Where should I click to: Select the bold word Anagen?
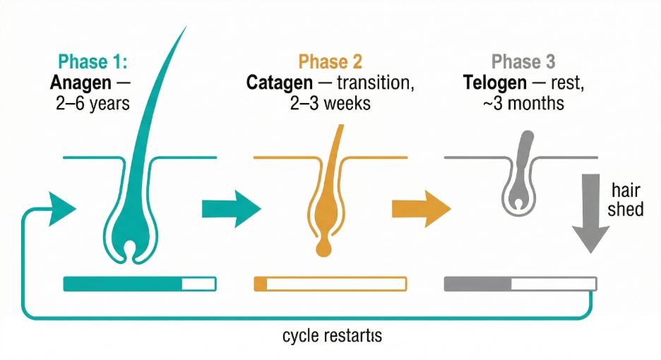click(x=81, y=83)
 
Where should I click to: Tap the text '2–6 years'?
click(x=93, y=104)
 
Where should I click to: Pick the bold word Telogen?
click(x=495, y=83)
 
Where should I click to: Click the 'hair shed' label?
click(x=626, y=200)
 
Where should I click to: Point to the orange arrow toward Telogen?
click(x=420, y=208)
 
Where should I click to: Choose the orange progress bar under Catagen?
click(x=330, y=284)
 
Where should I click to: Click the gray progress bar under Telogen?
click(x=520, y=284)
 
